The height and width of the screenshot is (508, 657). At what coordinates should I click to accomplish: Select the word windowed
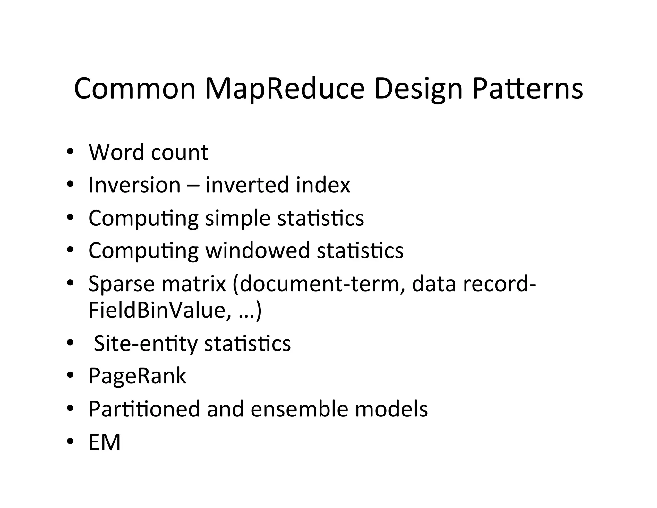point(257,250)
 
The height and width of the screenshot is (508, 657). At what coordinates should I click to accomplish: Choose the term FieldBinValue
point(159,310)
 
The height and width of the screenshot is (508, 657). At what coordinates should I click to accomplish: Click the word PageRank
point(137,376)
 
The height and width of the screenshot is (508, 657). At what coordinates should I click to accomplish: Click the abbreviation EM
point(105,442)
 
